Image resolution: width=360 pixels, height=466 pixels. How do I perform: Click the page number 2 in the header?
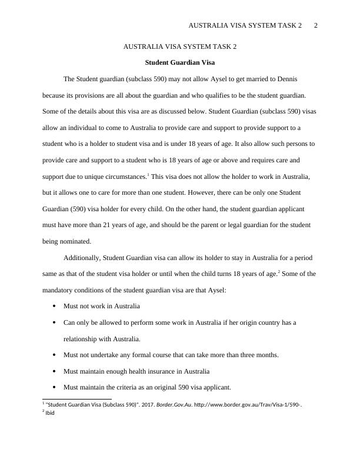[x=316, y=25]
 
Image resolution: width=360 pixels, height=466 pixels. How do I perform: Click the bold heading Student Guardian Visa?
[x=180, y=62]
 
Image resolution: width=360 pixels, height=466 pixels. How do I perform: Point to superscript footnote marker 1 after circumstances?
[x=148, y=174]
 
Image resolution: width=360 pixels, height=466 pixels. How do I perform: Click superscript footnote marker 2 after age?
[x=278, y=272]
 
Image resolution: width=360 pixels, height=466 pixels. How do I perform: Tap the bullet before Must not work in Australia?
[x=54, y=307]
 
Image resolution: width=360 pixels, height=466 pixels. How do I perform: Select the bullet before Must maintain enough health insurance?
[x=54, y=372]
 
